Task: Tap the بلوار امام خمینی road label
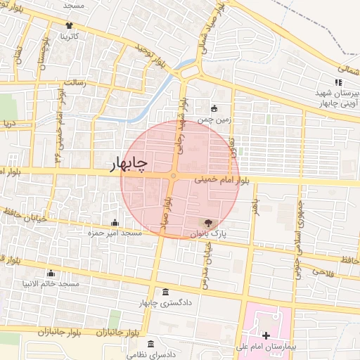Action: click(x=221, y=180)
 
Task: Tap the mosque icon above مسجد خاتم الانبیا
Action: click(x=50, y=274)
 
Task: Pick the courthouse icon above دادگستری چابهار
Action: click(x=165, y=292)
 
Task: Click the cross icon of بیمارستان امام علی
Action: click(x=265, y=336)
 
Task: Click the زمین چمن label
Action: click(x=213, y=120)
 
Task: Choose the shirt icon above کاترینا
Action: click(x=69, y=25)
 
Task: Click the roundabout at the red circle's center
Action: click(x=173, y=176)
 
